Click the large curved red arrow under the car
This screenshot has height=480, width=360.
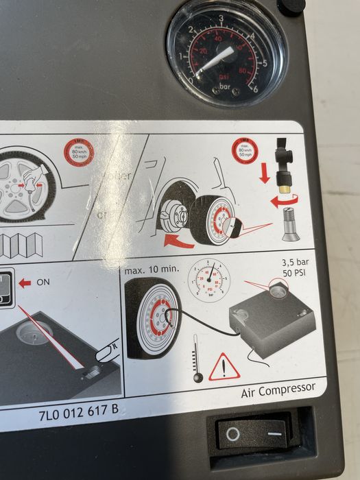pos(180,239)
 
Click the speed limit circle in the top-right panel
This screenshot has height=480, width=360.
pos(245,149)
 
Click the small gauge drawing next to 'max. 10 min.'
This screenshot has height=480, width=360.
pos(208,279)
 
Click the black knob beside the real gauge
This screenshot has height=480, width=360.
pos(291,6)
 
